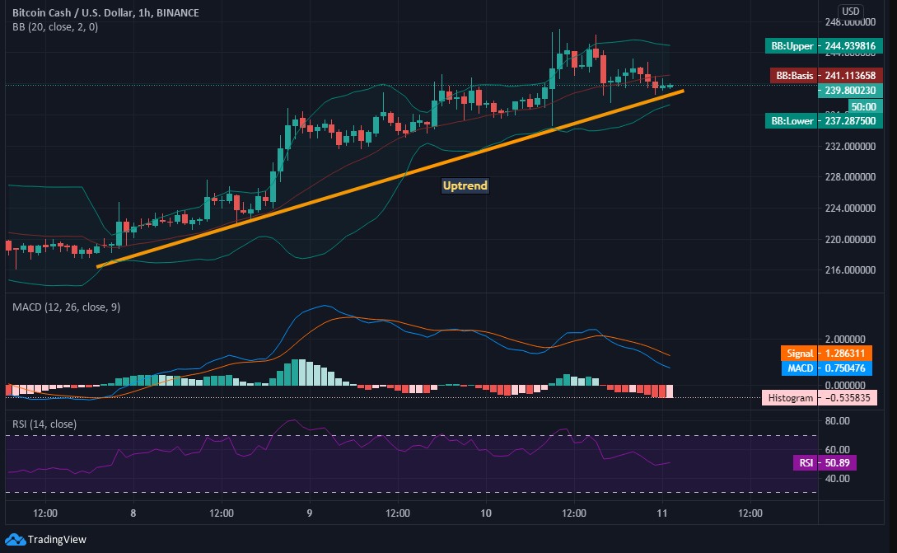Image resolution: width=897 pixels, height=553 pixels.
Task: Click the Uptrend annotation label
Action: (465, 185)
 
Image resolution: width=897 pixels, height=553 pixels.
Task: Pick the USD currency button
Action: (850, 12)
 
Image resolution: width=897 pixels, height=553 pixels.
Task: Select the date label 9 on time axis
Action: (310, 513)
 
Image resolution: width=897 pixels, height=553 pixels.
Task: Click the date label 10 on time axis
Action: (486, 513)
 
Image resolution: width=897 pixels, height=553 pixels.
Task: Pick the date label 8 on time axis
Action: (133, 513)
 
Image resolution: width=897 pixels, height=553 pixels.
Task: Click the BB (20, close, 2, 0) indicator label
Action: (54, 27)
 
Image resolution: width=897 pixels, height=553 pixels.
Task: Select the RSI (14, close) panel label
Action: (44, 424)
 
